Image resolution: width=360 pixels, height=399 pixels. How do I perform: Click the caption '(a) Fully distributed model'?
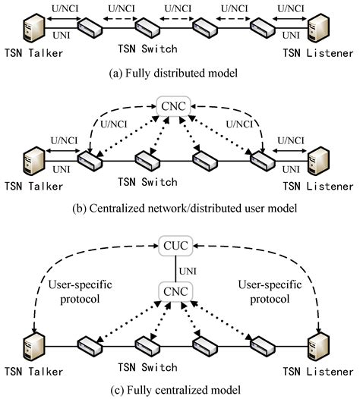coord(179,74)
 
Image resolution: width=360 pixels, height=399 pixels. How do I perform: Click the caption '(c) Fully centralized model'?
coord(179,391)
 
